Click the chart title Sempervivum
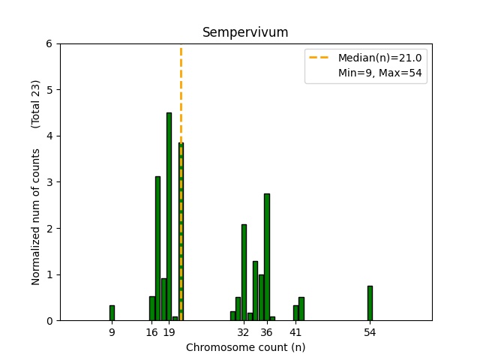pos(245,33)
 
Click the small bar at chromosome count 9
pos(112,313)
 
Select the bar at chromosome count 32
pos(244,272)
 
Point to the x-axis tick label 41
pos(295,331)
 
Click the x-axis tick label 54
pos(370,331)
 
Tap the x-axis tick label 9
pos(112,331)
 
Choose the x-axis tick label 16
pos(152,331)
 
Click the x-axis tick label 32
pos(243,331)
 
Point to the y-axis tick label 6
pos(49,43)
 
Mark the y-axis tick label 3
pos(49,182)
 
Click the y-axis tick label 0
pos(49,321)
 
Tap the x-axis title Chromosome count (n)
pos(245,347)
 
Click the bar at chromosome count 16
pos(151,308)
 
